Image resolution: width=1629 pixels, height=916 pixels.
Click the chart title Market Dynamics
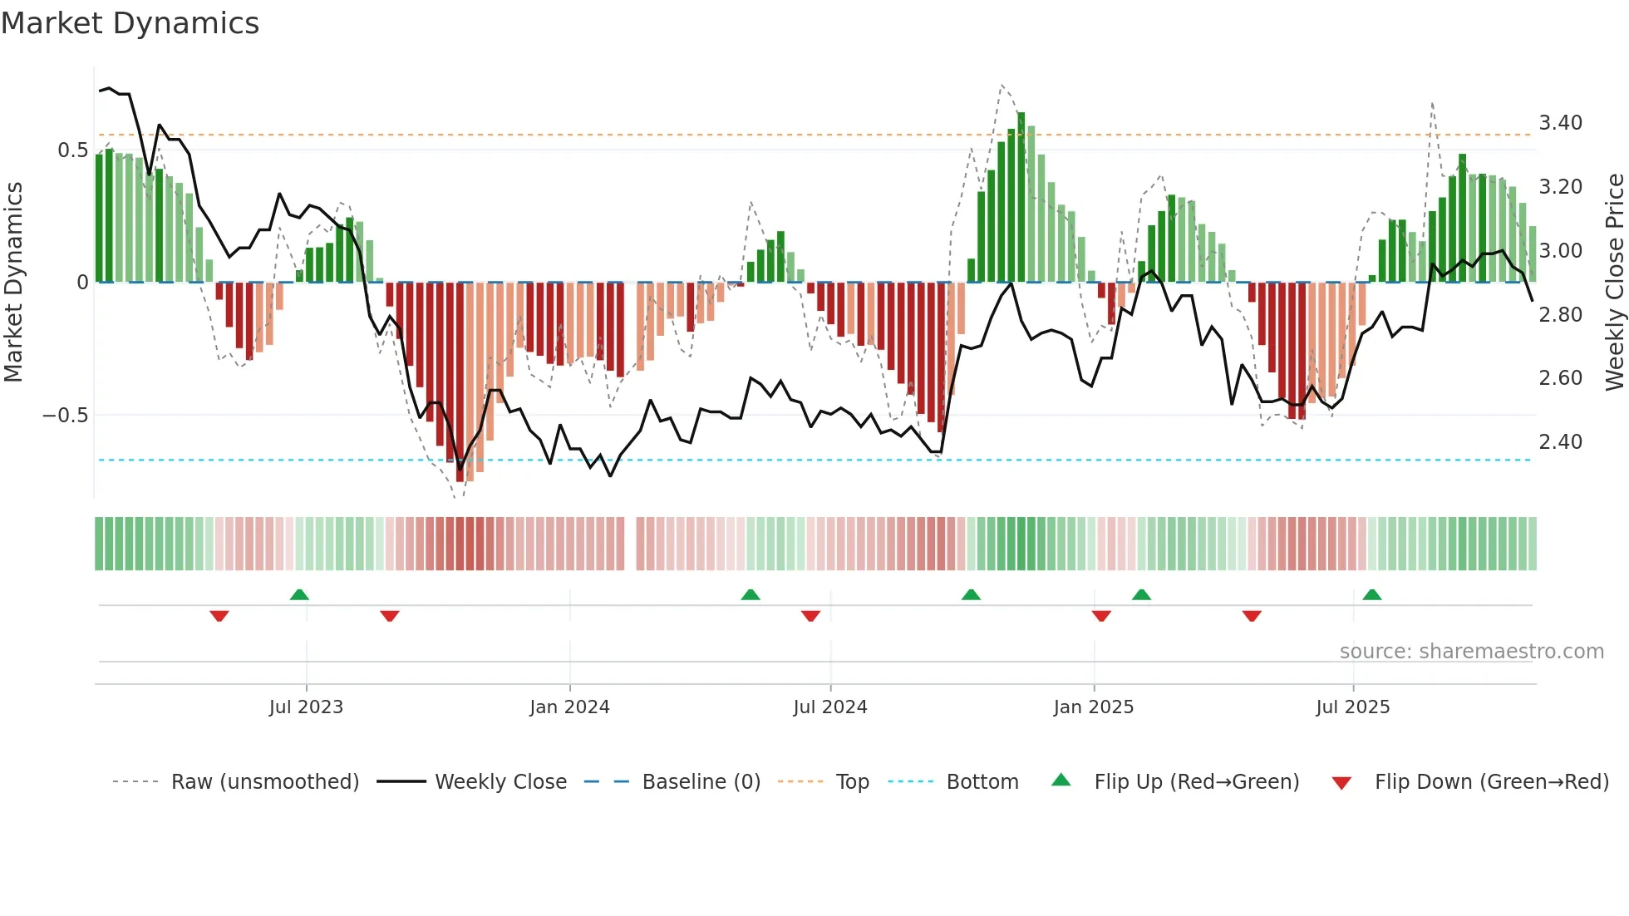tap(130, 23)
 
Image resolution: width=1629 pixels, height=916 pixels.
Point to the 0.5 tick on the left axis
tap(72, 150)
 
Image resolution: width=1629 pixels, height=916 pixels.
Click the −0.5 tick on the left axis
tap(66, 416)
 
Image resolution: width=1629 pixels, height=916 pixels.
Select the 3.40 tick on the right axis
tap(1560, 123)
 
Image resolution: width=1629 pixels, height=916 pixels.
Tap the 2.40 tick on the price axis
tap(1560, 442)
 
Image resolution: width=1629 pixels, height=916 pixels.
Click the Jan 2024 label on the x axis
tap(569, 707)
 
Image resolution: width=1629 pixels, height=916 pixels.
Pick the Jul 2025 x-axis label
tap(1352, 707)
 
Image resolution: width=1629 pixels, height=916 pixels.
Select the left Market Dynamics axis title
tap(13, 283)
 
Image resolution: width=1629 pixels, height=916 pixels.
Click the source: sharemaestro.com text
tap(1471, 652)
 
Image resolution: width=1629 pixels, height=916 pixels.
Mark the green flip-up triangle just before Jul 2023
tap(299, 594)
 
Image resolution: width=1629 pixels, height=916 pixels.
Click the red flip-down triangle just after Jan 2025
tap(1101, 616)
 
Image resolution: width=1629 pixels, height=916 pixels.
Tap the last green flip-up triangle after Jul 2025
tap(1372, 594)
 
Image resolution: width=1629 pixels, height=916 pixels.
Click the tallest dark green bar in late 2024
tap(1021, 197)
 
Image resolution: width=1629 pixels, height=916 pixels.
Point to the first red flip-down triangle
tap(219, 616)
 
